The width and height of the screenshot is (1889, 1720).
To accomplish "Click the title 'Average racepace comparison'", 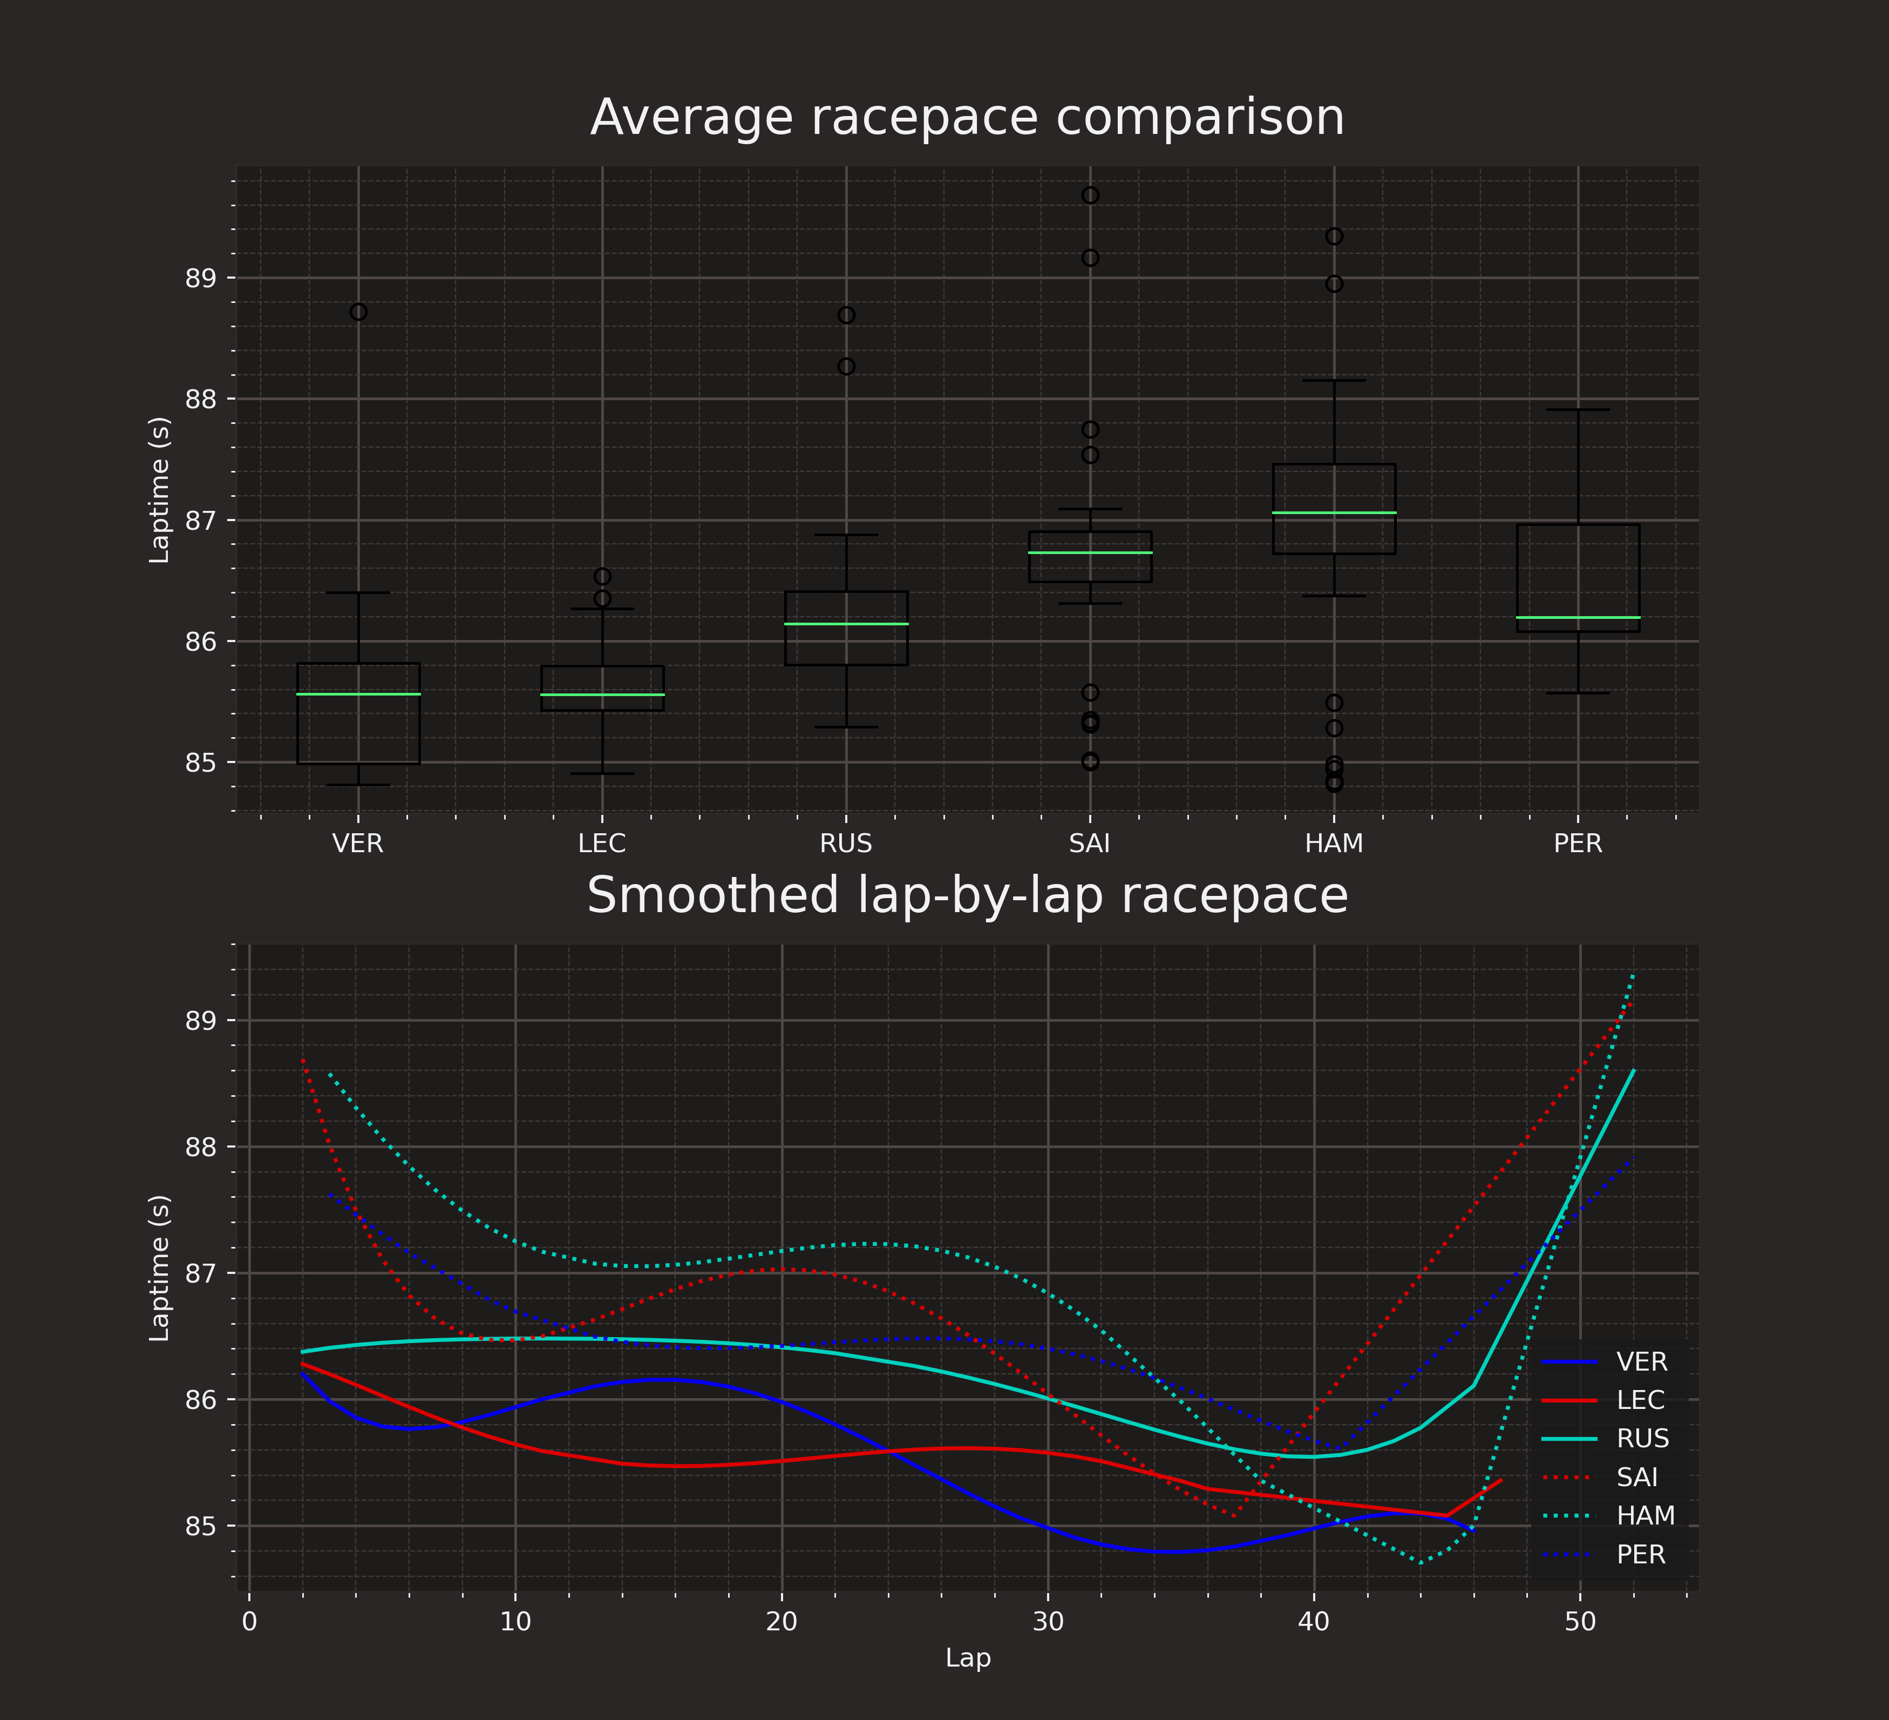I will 967,118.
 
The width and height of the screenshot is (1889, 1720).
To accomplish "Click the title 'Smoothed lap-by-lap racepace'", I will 967,895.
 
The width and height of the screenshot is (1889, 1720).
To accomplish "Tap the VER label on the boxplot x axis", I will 358,844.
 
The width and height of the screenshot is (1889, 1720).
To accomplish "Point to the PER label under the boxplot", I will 1578,844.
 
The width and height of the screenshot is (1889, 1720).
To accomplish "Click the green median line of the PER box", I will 1578,618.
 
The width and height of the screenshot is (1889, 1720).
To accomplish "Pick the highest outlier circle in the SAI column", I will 1090,195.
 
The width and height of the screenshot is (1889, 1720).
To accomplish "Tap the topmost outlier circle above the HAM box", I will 1334,236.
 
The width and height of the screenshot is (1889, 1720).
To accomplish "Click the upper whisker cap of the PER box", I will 1578,409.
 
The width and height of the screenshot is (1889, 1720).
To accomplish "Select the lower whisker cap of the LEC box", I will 602,774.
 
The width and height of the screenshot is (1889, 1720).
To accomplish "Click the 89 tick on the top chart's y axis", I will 198,279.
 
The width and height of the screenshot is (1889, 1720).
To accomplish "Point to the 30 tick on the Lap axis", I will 1048,1622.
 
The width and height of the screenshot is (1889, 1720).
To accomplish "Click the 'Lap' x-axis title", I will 967,1658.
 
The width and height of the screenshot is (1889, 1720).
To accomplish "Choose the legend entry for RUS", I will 1642,1439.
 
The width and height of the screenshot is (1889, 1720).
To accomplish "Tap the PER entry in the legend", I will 1641,1555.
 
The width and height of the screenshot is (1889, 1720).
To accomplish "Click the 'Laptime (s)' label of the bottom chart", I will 160,1268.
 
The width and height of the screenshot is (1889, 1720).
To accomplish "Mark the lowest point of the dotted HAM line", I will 1422,1562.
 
